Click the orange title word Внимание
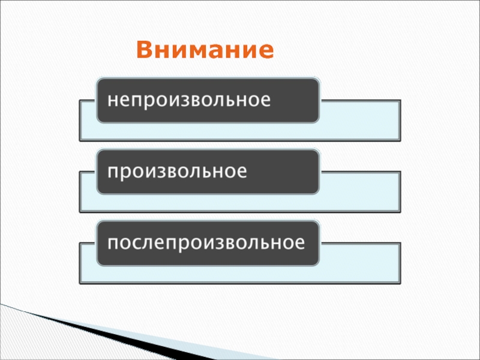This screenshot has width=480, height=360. [205, 50]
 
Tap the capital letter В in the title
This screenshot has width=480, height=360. [144, 50]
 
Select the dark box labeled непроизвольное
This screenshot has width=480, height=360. [208, 100]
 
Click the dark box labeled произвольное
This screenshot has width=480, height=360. [208, 172]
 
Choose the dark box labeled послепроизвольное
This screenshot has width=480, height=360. [208, 244]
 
